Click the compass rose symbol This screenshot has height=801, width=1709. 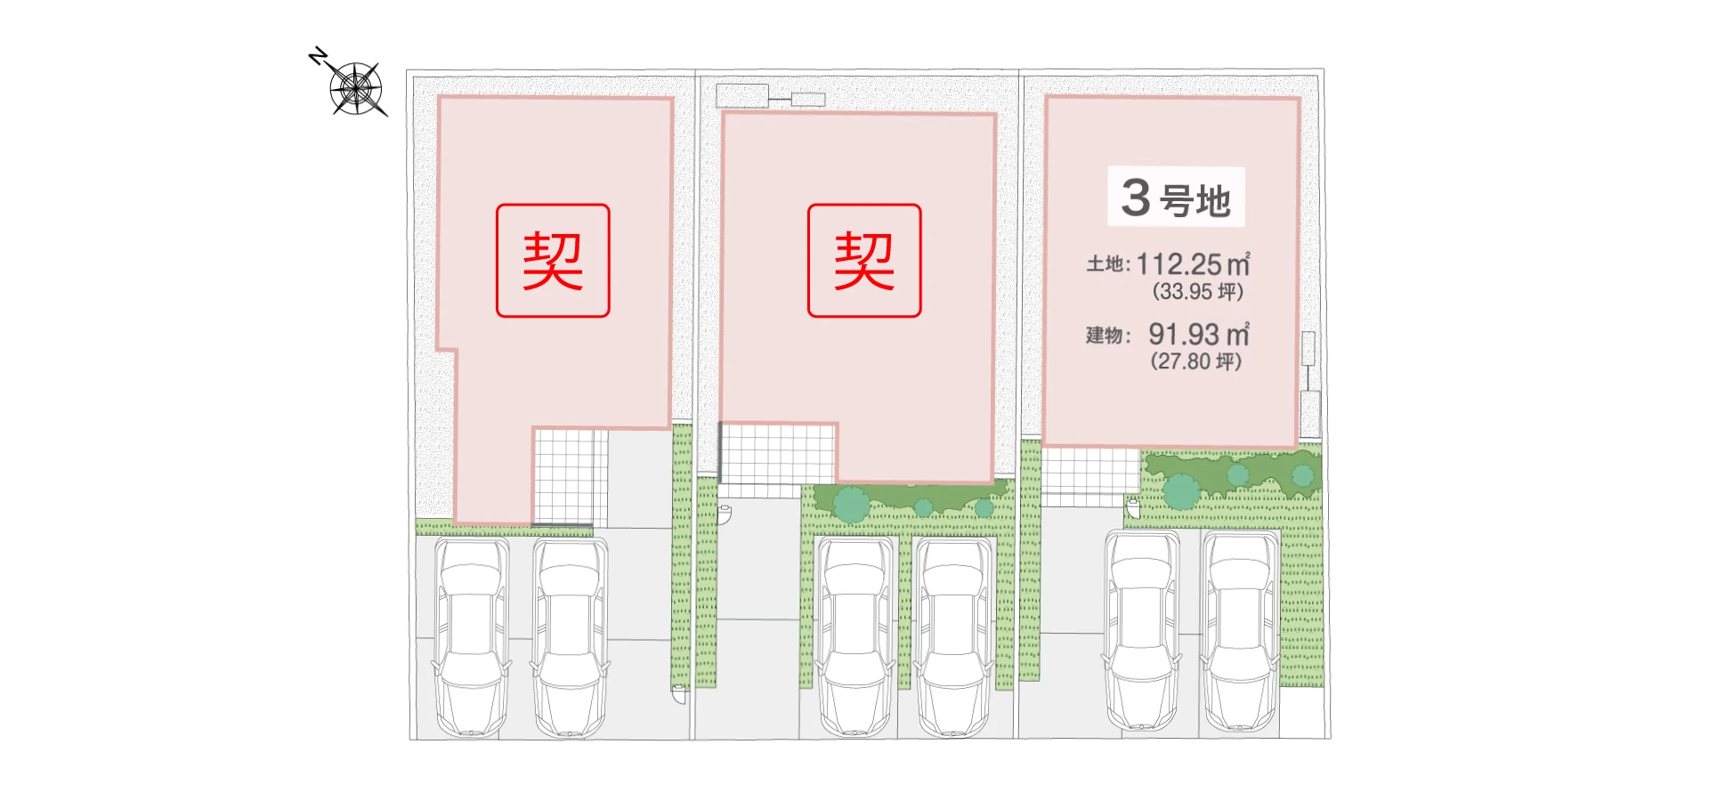pyautogui.click(x=357, y=89)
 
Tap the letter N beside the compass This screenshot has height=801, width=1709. pyautogui.click(x=318, y=57)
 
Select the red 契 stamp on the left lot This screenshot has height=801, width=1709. pyautogui.click(x=553, y=261)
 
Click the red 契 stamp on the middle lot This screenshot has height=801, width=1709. pyautogui.click(x=864, y=261)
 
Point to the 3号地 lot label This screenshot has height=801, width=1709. pyautogui.click(x=1176, y=198)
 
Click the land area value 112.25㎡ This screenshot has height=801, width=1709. pyautogui.click(x=1193, y=264)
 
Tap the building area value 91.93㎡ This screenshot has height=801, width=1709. pyautogui.click(x=1198, y=335)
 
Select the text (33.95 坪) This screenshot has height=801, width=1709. pyautogui.click(x=1197, y=291)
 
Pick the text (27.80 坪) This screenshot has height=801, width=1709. pyautogui.click(x=1195, y=361)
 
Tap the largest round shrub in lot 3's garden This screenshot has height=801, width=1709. pyautogui.click(x=1181, y=491)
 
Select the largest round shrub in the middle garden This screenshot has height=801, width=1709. pyautogui.click(x=851, y=504)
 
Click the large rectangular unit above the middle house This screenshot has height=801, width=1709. pyautogui.click(x=742, y=95)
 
